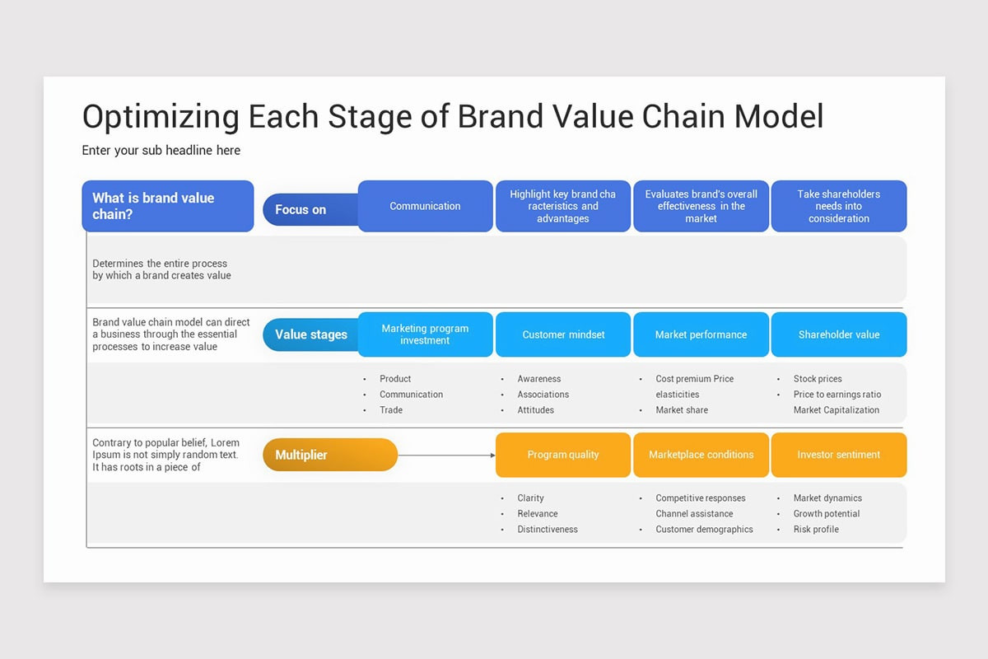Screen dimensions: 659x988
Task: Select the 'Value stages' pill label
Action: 310,334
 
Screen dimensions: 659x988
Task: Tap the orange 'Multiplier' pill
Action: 329,455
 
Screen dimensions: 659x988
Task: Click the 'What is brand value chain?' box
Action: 168,206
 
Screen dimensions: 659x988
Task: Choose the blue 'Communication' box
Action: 425,206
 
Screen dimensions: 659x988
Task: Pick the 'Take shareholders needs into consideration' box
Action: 838,206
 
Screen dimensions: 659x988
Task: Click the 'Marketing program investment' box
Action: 425,334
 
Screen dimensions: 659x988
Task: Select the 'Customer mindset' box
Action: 563,334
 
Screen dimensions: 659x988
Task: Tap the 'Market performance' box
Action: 701,334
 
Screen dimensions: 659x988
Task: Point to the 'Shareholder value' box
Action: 838,334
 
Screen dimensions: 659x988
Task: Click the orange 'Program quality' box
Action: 563,455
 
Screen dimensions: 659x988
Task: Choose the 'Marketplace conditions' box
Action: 701,455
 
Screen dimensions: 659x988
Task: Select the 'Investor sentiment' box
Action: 838,455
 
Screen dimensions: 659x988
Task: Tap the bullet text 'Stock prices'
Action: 818,379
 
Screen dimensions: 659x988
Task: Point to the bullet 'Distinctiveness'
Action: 548,530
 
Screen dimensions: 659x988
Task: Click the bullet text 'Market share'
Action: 682,410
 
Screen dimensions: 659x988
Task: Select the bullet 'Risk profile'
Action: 816,530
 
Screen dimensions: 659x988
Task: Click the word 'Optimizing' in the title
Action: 161,116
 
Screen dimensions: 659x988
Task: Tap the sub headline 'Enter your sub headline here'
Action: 161,151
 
